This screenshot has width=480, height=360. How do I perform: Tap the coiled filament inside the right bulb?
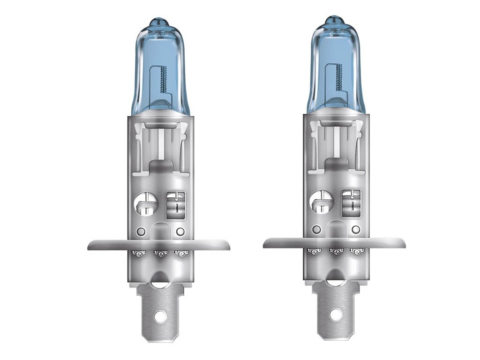pyautogui.click(x=338, y=76)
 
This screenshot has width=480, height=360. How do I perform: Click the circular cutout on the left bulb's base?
pyautogui.click(x=145, y=204)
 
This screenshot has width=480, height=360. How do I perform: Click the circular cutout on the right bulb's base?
pyautogui.click(x=321, y=202)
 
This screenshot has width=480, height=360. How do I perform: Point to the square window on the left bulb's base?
pyautogui.click(x=176, y=203)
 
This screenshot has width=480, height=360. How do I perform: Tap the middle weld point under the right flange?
pyautogui.click(x=336, y=251)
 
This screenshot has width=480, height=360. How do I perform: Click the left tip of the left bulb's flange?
pyautogui.click(x=90, y=245)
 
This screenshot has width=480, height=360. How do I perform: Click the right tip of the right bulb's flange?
pyautogui.click(x=404, y=242)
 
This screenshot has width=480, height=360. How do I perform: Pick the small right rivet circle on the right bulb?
pyautogui.click(x=356, y=229)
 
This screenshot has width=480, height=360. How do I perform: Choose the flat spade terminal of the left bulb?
pyautogui.click(x=160, y=309)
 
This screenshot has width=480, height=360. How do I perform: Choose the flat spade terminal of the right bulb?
pyautogui.click(x=336, y=307)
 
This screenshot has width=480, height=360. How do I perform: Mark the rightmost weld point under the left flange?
pyautogui.click(x=180, y=254)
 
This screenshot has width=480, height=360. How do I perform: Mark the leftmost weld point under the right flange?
pyautogui.click(x=315, y=251)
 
